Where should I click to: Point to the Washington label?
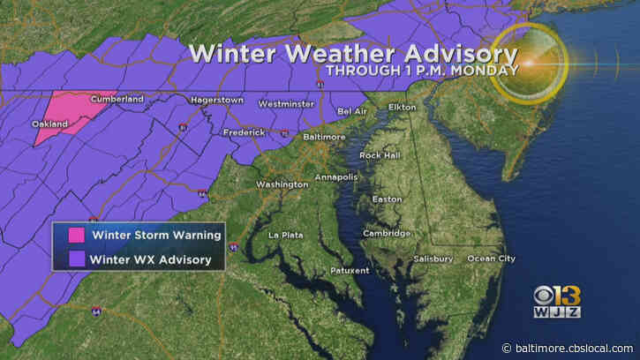coord(282,184)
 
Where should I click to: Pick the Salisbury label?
coord(433,259)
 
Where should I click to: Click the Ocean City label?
coord(490,259)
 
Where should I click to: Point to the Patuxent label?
coord(349,270)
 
